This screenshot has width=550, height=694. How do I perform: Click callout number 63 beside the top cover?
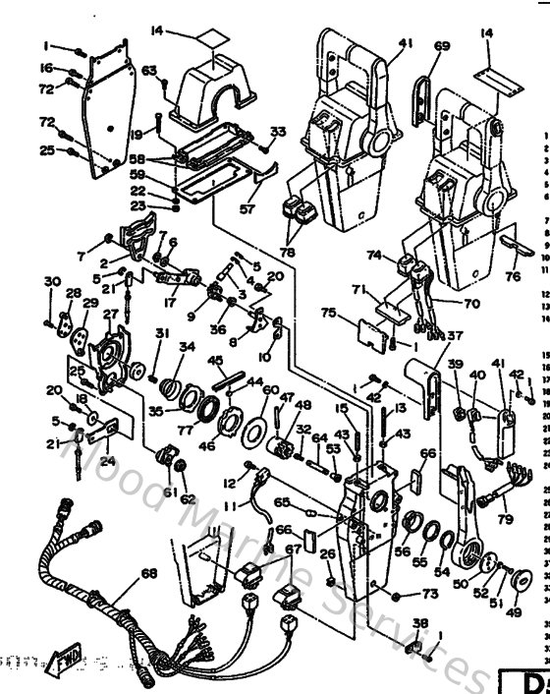point(149,70)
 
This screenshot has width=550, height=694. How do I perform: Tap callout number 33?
point(278,132)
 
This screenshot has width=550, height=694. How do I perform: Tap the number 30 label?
point(52,281)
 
